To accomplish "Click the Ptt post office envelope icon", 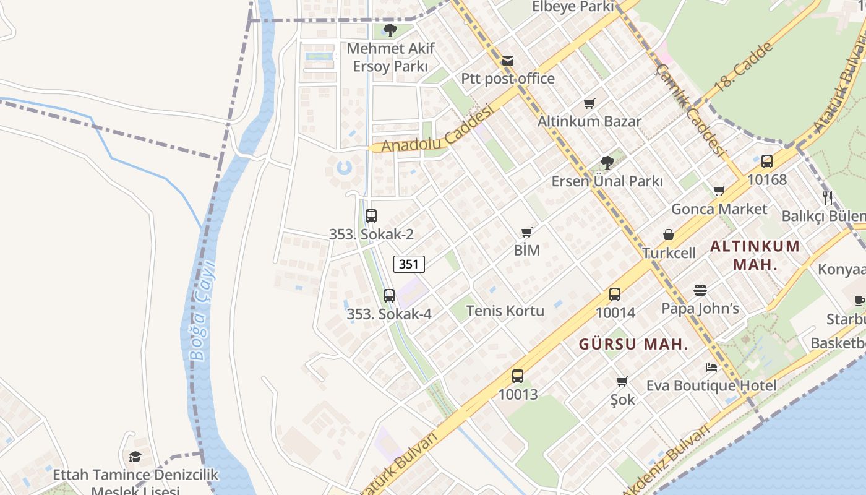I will pos(507,61).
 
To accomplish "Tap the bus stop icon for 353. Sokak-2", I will pos(371,216).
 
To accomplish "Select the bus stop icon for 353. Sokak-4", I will pos(388,296).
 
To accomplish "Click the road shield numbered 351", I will pos(409,264).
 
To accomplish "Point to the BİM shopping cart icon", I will pos(526,233).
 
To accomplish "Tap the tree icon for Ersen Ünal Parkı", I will pos(607,163).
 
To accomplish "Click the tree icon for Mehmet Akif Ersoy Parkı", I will pos(390,30).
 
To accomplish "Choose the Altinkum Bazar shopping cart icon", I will pos(589,103).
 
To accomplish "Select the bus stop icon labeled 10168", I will pos(766,161).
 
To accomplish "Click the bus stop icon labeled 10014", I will pos(614,295).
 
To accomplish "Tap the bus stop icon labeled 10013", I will pos(517,376).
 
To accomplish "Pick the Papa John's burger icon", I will pos(700,290).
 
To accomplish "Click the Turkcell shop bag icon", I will pos(669,235).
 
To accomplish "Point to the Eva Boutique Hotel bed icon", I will pos(711,368).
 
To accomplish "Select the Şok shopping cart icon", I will pos(622,382).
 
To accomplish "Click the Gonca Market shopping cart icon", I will pos(719,191).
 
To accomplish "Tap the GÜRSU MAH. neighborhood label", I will pos(633,345).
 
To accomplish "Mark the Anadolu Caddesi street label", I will pos(437,128).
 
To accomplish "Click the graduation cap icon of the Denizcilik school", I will pos(135,457).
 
